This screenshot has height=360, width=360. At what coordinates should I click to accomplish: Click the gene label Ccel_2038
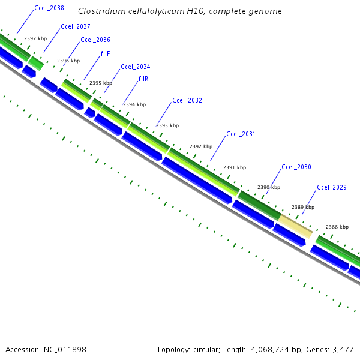point(50,9)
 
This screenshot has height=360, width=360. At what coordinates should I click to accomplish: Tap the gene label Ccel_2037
point(76,27)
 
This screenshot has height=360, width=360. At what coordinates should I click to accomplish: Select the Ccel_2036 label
point(95,40)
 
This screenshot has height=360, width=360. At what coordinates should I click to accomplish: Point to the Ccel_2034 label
point(136,67)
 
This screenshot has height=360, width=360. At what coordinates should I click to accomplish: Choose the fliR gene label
point(143,79)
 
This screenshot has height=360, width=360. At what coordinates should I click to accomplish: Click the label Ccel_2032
point(187,100)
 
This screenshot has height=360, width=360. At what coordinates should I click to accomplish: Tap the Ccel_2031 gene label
point(241,134)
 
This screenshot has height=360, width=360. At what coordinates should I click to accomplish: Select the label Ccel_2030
point(296,167)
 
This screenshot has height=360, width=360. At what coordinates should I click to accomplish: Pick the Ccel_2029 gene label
point(332,187)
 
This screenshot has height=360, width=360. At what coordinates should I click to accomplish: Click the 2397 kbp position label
point(35,38)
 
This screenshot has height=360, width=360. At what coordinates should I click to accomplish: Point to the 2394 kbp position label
point(134,104)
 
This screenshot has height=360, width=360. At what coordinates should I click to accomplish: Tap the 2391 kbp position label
point(235,167)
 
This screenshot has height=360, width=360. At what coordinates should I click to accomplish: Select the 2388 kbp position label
point(337,227)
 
